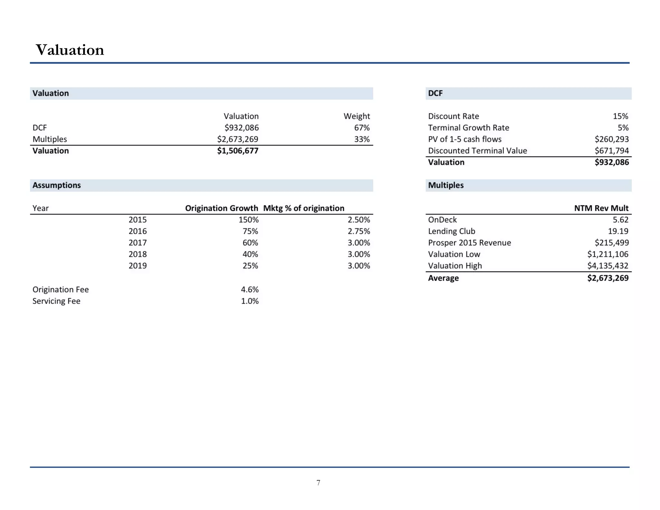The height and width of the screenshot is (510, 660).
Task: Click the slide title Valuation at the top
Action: tap(70, 50)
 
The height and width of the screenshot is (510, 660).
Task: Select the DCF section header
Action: tap(435, 93)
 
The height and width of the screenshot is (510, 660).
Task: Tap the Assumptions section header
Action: tap(57, 185)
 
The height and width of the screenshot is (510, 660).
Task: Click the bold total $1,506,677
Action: tap(238, 151)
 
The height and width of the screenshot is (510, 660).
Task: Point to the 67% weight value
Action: tap(362, 128)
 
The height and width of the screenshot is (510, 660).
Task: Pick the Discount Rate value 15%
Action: tap(620, 116)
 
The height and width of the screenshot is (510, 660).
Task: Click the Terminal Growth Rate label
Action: tap(469, 128)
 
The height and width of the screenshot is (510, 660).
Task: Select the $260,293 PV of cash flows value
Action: tap(611, 139)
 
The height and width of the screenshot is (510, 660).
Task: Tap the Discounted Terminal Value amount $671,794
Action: tap(611, 151)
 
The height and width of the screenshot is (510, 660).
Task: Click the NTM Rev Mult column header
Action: tap(601, 208)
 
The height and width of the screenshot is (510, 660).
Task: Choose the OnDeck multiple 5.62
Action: tap(620, 220)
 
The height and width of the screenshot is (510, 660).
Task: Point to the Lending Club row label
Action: tap(451, 231)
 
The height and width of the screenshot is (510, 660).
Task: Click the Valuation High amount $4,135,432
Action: tap(607, 266)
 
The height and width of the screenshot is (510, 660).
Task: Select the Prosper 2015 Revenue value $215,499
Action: tap(611, 243)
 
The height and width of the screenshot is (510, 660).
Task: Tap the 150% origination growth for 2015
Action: tap(248, 220)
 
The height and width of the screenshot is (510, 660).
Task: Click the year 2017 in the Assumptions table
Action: tap(138, 243)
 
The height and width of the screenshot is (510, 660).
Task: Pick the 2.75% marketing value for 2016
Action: tap(359, 231)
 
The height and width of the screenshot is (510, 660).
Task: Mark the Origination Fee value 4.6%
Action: tap(250, 289)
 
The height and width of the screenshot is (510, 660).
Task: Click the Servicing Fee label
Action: tap(56, 301)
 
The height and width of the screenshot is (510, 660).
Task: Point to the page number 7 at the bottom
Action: tap(318, 483)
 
